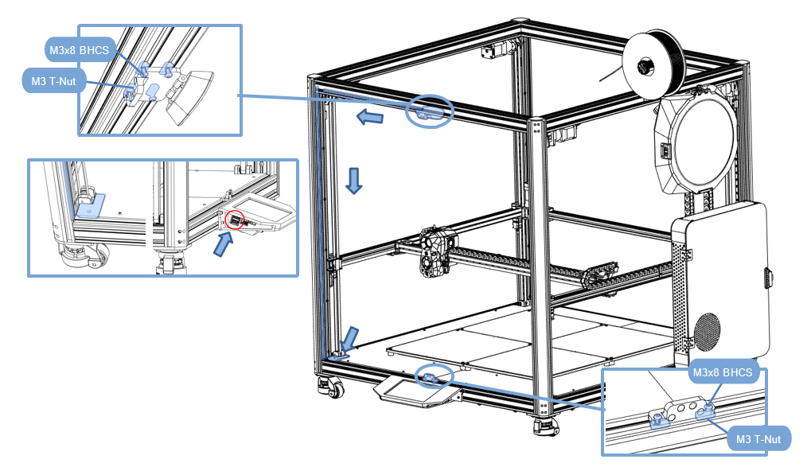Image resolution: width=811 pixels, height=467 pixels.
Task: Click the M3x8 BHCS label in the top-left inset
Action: (x=78, y=49)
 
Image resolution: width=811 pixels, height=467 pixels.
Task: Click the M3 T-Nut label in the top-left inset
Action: (x=54, y=80)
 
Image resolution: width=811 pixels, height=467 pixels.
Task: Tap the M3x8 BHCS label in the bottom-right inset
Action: (x=721, y=373)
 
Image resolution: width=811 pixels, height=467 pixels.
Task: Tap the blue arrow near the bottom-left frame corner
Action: (x=349, y=338)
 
